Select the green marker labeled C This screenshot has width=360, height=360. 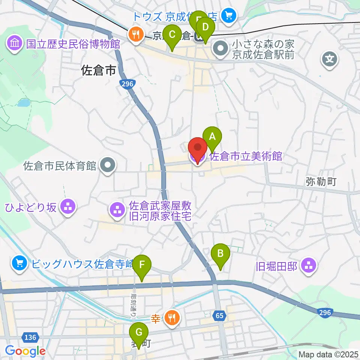tap(172, 35)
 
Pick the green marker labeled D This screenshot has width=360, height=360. tap(205, 28)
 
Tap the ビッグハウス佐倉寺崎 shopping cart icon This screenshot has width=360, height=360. tap(19, 264)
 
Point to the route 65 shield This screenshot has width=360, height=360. tap(220, 316)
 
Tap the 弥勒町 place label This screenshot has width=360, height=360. tap(321, 182)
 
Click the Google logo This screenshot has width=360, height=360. tap(25, 351)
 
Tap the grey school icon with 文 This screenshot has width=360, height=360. tap(330, 59)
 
